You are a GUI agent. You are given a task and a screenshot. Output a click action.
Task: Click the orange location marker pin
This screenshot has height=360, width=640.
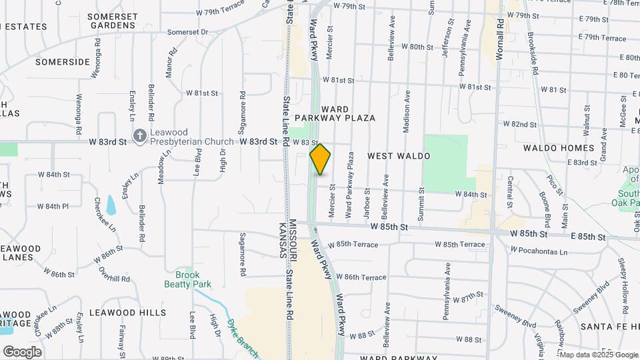pos(321,159)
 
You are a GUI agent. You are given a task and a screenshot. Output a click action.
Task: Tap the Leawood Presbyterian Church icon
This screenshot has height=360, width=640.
pos(139,136)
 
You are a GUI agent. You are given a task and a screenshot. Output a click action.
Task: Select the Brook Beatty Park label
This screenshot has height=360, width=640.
pos(188,279)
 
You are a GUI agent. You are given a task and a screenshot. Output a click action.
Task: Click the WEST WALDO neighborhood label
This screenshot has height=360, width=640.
pos(399,156)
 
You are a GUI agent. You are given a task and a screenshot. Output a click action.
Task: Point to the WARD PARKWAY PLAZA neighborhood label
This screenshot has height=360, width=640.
pos(347,113)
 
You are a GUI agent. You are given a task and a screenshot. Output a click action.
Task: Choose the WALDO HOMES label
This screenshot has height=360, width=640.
pos(559,148)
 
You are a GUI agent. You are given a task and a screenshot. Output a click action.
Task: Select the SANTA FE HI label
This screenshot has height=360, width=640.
pos(609,327)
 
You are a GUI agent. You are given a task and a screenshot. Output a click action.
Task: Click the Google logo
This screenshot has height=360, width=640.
pos(22,352)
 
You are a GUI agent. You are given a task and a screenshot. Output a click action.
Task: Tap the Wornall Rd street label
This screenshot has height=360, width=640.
pos(501,37)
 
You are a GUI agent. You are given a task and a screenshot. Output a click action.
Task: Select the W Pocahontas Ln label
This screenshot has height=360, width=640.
pos(539,251)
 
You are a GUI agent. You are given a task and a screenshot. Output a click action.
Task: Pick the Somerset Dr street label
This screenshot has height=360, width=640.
pos(187,32)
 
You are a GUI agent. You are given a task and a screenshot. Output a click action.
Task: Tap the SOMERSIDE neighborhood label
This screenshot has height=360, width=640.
pos(62,62)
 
